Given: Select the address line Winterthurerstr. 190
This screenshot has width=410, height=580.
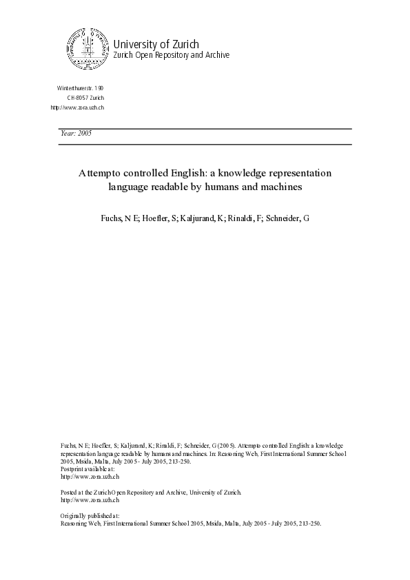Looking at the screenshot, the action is click(80, 90).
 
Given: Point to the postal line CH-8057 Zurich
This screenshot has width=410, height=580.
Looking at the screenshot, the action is click(85, 99).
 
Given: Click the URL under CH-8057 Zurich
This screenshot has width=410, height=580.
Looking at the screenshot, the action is click(77, 107).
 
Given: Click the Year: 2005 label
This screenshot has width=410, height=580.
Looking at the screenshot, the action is click(76, 134).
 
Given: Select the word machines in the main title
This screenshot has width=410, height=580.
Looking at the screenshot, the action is click(279, 186).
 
